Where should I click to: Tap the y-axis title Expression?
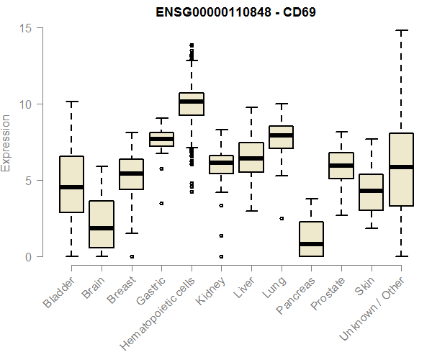[x=6, y=143]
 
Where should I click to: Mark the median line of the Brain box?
[x=102, y=228]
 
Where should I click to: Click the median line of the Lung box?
[x=281, y=135]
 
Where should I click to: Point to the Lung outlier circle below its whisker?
[x=281, y=218]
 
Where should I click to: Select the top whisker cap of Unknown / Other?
[x=401, y=30]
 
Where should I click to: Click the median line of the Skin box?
[x=371, y=191]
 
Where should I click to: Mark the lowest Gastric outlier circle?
[x=161, y=203]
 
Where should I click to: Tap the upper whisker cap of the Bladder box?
[x=71, y=102]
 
